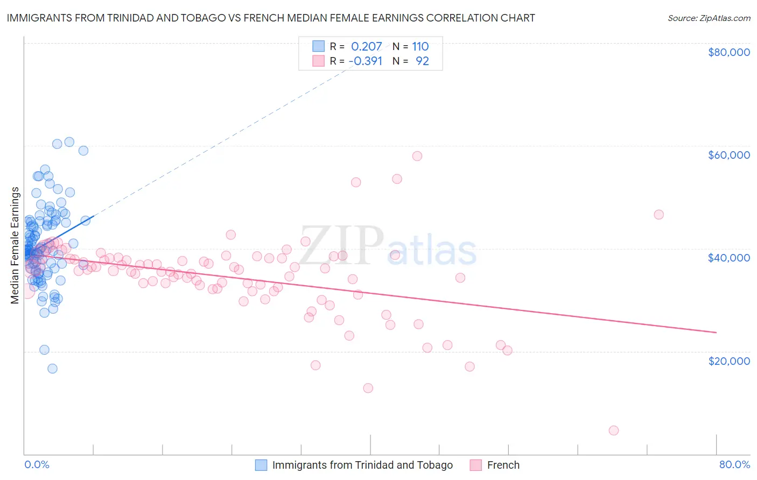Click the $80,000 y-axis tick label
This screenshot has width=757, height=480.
(728, 52)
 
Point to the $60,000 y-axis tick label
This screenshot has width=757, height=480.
(728, 155)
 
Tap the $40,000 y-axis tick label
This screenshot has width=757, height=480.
(728, 258)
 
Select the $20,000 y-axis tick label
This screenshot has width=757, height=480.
(728, 361)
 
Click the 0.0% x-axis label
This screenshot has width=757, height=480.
(37, 464)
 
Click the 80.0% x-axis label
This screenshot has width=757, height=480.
(734, 464)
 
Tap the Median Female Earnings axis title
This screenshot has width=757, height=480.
(15, 245)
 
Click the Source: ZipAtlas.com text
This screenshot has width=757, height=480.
(709, 18)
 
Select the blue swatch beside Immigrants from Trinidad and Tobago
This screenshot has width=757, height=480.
(261, 465)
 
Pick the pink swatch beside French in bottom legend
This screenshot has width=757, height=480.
(475, 465)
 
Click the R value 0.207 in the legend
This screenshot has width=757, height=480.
(366, 47)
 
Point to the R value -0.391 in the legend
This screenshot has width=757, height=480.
(365, 61)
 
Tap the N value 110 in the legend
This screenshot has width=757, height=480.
(420, 47)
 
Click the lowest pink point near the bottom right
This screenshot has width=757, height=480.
(613, 430)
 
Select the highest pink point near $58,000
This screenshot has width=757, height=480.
(417, 156)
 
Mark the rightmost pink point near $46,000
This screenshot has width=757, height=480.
(658, 215)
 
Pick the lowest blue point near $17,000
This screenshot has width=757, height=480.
(52, 369)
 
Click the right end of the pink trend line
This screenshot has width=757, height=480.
(716, 333)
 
